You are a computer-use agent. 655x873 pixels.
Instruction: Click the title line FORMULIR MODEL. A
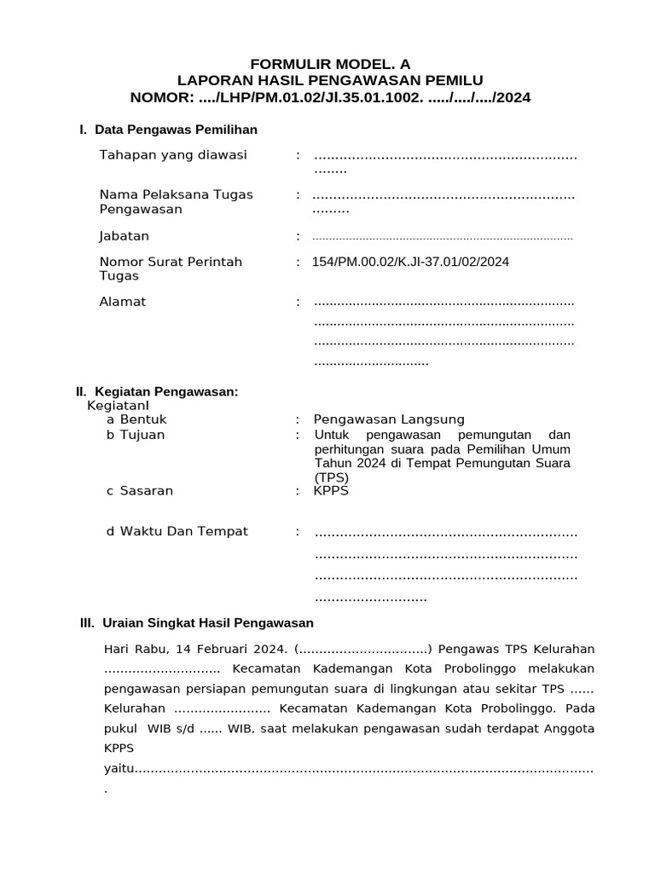(x=329, y=65)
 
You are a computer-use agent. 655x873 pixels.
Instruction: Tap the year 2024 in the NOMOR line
(x=513, y=98)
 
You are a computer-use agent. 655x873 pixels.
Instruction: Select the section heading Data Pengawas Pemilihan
(x=176, y=130)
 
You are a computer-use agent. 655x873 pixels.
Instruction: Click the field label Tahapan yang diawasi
(x=173, y=155)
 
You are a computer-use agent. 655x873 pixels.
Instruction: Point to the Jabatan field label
(x=125, y=236)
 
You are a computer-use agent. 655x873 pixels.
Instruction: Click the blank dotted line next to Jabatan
(x=443, y=238)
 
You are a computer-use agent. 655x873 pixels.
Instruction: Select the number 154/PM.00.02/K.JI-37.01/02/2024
(x=410, y=262)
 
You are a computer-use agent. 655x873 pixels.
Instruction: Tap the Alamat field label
(x=123, y=302)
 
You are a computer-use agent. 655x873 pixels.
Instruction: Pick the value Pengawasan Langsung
(x=389, y=419)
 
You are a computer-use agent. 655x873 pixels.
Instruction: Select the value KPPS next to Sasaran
(x=331, y=491)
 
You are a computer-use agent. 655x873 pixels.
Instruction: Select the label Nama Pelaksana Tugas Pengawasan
(x=176, y=202)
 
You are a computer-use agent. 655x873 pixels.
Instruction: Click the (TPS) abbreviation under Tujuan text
(x=329, y=477)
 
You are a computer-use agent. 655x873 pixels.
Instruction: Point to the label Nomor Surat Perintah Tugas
(x=171, y=269)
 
